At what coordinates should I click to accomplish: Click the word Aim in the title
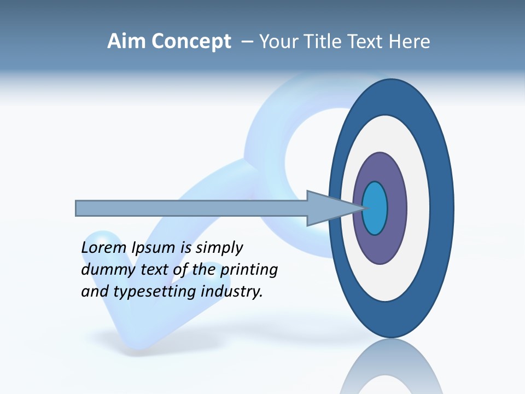coord(127,42)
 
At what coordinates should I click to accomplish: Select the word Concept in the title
coord(191,42)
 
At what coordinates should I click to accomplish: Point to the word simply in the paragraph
coord(219,248)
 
